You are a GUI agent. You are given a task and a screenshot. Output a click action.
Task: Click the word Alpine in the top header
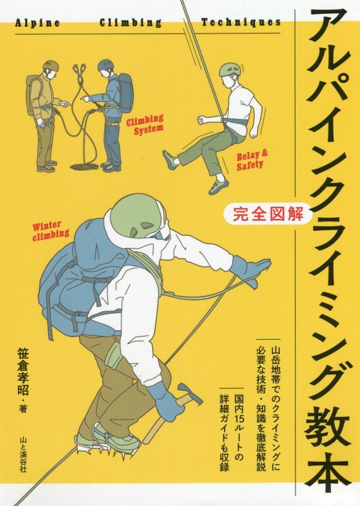click(x=36, y=22)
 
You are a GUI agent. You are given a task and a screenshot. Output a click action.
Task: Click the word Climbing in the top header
click(x=130, y=22)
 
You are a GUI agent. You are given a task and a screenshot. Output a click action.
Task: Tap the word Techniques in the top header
click(x=240, y=22)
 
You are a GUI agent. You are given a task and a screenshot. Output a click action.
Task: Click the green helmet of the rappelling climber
click(x=228, y=69)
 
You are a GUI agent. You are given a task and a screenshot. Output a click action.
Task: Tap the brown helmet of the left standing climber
click(x=50, y=65)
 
